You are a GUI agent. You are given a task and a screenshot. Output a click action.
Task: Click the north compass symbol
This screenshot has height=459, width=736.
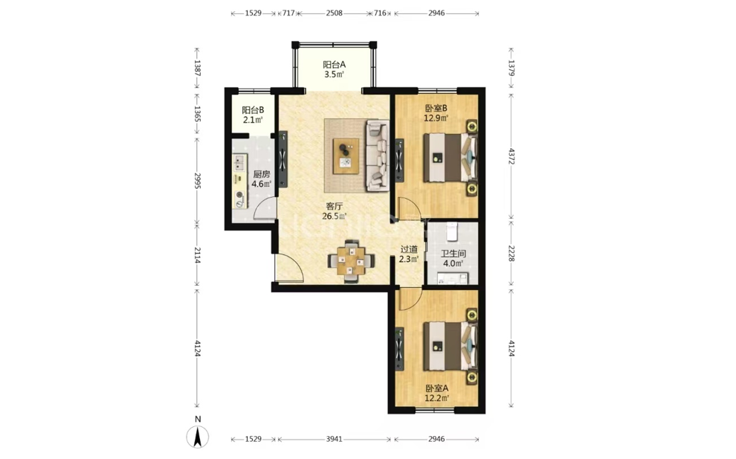198,437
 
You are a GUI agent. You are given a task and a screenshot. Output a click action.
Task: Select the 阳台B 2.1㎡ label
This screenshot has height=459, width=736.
253,115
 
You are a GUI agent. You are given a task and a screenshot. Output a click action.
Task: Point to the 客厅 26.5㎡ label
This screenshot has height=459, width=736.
335,211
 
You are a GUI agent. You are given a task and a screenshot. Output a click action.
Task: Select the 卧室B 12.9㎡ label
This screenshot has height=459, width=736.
436,113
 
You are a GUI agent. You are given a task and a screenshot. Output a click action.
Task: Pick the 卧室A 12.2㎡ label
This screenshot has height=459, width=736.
436,394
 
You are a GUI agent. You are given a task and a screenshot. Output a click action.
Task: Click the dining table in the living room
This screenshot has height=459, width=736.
351,260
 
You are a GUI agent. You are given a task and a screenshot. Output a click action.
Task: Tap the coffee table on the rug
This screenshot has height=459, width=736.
346,156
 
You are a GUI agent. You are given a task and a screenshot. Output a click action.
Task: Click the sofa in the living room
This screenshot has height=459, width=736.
378,155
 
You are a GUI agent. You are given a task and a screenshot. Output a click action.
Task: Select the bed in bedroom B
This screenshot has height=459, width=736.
450,158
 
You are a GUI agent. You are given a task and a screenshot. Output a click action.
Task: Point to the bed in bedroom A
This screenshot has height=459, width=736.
450,346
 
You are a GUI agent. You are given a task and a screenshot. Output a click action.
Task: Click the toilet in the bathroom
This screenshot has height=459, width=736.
451,230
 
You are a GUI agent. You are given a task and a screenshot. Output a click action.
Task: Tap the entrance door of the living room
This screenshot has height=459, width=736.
288,268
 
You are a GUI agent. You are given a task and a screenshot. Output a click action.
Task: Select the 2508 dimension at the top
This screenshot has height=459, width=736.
335,13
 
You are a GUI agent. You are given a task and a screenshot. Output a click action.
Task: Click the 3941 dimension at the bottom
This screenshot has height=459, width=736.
335,439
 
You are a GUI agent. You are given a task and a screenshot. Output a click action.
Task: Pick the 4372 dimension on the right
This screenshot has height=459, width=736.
511,156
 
